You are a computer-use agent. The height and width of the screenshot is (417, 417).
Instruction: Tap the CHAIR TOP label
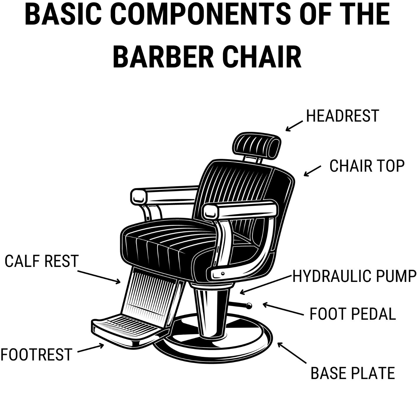point(367,166)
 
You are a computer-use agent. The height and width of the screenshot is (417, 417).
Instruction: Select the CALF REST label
point(41,261)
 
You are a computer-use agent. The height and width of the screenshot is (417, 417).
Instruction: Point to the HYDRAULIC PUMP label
point(354,276)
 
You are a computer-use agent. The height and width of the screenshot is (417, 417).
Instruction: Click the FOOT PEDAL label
point(353,314)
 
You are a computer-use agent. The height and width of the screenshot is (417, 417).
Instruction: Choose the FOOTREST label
point(36,354)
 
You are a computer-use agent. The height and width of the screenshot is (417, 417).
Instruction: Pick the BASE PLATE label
point(353,373)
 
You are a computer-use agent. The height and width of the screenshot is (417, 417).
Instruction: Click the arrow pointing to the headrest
point(294,126)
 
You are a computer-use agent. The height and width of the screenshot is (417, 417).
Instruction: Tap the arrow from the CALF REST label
point(99,277)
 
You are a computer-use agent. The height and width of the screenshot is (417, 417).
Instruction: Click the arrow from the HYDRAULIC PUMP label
point(266,285)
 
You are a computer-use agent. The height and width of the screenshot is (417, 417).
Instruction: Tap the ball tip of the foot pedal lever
point(249,305)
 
